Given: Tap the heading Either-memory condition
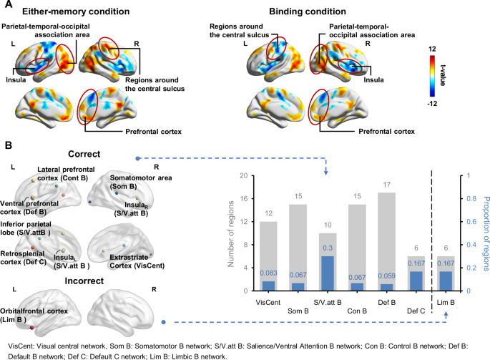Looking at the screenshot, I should coord(74,12).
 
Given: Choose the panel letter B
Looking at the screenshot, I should coord(7,145).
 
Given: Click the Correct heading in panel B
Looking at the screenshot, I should coord(82,153).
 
